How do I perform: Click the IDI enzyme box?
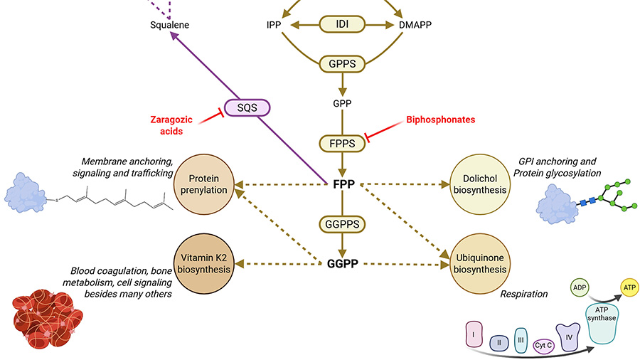pos(342,24)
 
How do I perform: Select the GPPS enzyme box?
pos(342,64)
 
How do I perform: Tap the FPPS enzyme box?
pos(342,142)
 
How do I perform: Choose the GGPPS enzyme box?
pos(342,224)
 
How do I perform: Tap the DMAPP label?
pos(416,25)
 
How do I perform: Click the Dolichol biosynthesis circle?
pos(478,184)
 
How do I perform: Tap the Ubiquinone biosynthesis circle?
pos(478,263)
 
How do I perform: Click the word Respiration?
pos(525,293)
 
